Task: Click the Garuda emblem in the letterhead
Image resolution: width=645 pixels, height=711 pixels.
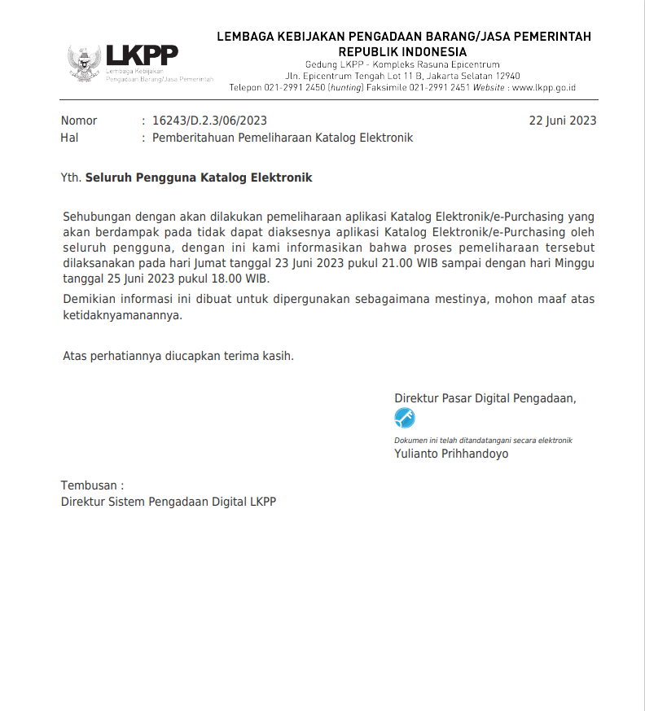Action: coord(84,63)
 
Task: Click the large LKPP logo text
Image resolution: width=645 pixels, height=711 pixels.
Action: coord(142,55)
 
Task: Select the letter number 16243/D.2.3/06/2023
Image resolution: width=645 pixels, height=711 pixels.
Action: coord(209,121)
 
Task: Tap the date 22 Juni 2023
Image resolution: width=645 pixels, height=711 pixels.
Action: coord(562,121)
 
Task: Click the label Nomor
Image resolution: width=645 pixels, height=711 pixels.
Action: coord(79,121)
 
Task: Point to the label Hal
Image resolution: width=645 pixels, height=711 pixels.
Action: coord(69,138)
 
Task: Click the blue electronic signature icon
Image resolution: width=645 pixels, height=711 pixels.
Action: coord(405,419)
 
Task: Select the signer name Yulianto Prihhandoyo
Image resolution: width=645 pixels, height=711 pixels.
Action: coord(451,454)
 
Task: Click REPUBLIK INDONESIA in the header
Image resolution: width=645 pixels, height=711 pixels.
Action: coord(403,52)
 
